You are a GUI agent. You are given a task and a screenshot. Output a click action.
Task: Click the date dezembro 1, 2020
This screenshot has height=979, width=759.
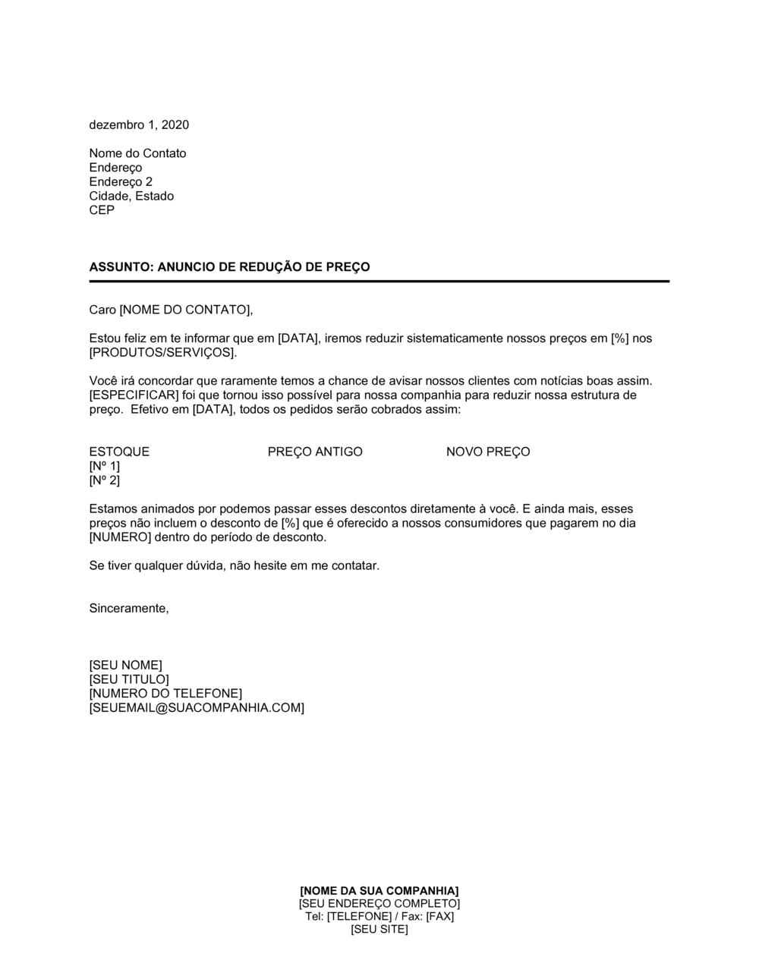[139, 124]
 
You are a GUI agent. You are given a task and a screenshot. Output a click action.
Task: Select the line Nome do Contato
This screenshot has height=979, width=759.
[137, 153]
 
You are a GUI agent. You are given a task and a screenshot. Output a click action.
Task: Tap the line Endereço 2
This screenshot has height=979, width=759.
[121, 181]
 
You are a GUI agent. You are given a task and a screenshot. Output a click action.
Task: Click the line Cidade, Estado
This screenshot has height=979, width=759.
[131, 196]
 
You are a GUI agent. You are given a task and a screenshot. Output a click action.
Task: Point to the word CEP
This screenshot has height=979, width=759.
[102, 210]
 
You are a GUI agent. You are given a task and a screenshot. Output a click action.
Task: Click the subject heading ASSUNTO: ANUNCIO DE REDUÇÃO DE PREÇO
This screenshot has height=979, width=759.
[229, 267]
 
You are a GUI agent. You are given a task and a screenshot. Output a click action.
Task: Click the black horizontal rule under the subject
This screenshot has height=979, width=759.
[379, 282]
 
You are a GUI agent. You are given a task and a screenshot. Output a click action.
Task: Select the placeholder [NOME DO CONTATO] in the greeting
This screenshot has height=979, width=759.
[184, 310]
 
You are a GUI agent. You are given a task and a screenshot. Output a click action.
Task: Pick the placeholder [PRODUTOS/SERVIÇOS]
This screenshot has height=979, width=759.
[162, 353]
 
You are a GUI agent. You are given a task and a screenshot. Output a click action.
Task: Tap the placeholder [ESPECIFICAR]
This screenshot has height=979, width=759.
[134, 395]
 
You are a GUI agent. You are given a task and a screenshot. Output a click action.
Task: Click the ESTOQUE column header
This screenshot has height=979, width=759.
[119, 452]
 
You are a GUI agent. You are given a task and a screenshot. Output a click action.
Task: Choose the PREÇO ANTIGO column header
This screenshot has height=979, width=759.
[315, 452]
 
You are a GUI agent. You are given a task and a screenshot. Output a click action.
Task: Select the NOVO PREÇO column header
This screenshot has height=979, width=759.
[488, 452]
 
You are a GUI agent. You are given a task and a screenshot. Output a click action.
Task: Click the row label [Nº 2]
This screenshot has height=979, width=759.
[105, 480]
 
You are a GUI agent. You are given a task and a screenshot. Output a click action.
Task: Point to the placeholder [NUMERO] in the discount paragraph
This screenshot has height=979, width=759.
[121, 537]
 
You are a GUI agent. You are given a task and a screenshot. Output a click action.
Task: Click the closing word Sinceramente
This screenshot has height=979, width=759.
[128, 609]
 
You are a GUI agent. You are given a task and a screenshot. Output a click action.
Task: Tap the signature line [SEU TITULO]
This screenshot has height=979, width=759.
[129, 679]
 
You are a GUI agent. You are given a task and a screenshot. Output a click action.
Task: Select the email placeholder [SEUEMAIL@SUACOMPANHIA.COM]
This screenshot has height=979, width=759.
[197, 708]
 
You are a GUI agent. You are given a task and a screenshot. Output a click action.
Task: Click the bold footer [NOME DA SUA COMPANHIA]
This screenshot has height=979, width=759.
[379, 890]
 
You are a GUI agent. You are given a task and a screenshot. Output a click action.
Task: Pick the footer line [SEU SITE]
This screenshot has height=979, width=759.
[379, 930]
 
